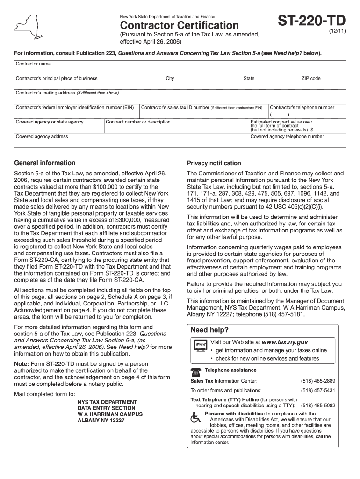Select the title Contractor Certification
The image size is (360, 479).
click(x=180, y=25)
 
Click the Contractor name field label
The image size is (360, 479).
click(x=33, y=64)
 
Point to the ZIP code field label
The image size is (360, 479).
click(x=311, y=79)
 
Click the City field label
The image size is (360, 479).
click(x=170, y=79)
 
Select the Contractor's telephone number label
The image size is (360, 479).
click(x=302, y=107)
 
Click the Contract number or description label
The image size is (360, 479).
click(x=137, y=122)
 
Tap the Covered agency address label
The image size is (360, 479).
click(x=42, y=137)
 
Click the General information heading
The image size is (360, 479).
click(x=45, y=163)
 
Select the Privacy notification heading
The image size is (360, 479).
click(x=214, y=163)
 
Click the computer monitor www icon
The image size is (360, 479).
click(x=200, y=346)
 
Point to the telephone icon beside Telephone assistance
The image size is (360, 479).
click(x=196, y=371)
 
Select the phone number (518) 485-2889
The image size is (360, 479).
click(x=318, y=381)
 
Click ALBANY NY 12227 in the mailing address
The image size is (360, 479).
click(x=101, y=421)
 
